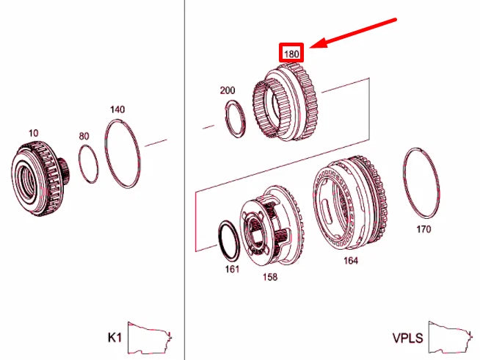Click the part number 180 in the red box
point(291,54)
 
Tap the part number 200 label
point(228,90)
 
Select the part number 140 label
point(117,109)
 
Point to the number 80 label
point(84,136)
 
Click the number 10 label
point(33,133)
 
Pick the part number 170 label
point(423,229)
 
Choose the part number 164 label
point(351,261)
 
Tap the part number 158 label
point(269,277)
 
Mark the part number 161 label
point(232,270)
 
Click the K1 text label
point(114,338)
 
